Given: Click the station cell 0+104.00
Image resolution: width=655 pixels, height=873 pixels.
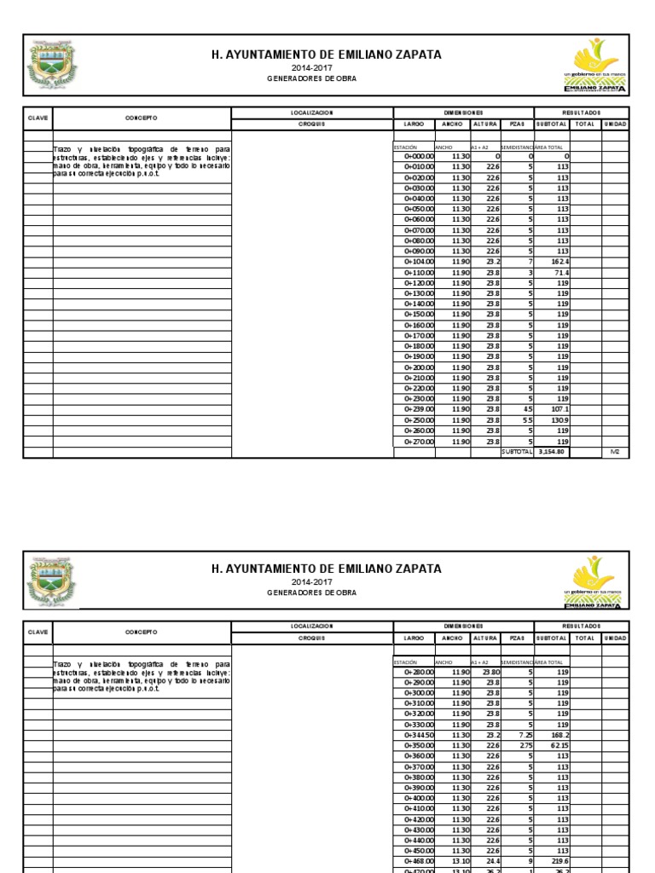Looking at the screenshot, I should [419, 262].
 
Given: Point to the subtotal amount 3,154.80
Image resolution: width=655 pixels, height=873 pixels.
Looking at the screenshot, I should [553, 452].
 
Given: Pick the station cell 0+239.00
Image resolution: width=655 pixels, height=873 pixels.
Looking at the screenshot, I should [419, 409].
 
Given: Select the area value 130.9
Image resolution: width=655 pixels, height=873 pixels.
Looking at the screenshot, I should [560, 420].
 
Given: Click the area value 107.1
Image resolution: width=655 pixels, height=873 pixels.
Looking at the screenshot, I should [560, 409].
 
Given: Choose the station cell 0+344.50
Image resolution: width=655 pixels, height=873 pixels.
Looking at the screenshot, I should [419, 735].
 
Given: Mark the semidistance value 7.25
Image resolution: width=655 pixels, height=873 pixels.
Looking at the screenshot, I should [525, 735].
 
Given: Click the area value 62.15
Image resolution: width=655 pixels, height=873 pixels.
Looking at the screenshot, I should [559, 745].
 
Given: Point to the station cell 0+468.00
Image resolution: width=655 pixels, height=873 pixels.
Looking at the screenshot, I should [419, 861].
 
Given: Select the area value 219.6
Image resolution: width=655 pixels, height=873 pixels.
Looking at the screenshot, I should [560, 861].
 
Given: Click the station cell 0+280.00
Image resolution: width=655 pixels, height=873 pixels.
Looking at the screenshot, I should [419, 672].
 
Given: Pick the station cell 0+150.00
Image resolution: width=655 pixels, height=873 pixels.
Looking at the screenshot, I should [419, 315].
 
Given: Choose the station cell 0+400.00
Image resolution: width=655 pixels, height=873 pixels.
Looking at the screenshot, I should [419, 798].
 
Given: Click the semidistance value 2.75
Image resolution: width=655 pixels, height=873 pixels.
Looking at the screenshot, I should [525, 745].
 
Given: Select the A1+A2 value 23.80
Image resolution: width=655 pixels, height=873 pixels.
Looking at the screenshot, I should [491, 672].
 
